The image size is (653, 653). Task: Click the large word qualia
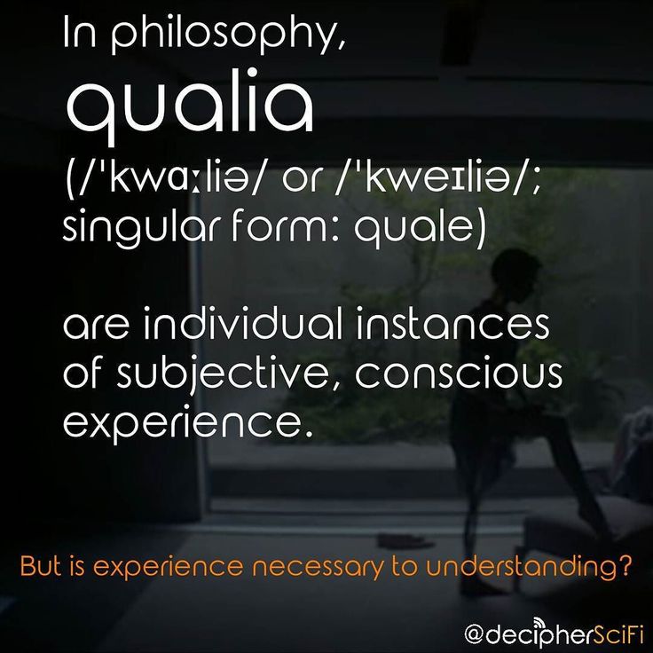click(190, 107)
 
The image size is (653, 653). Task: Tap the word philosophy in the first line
click(228, 36)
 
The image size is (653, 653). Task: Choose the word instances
click(452, 326)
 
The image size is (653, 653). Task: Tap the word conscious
click(459, 374)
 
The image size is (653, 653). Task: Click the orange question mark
click(625, 565)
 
